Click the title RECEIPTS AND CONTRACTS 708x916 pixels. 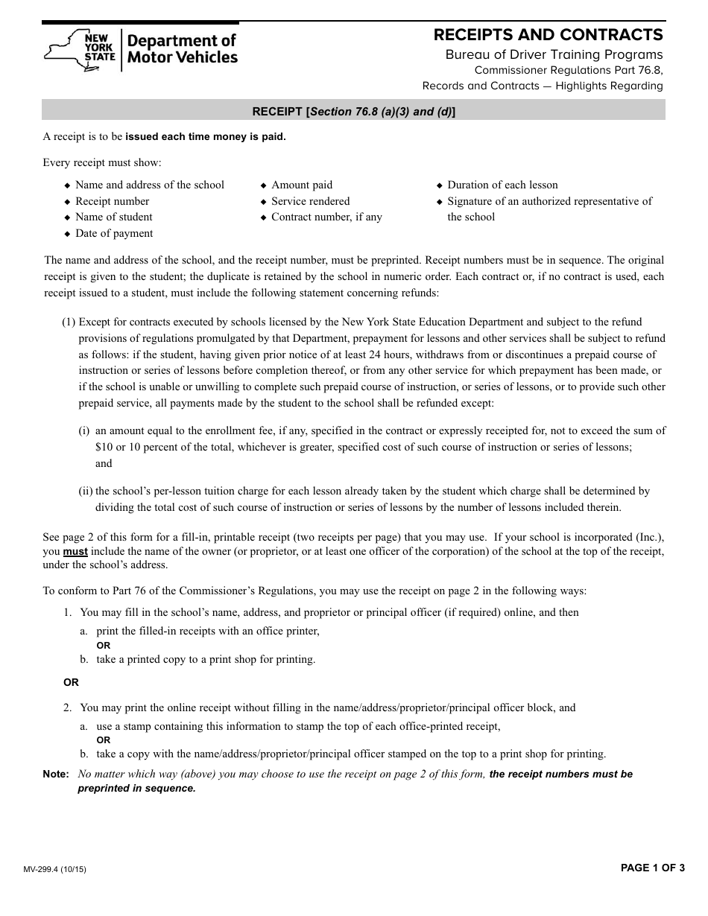coord(548,35)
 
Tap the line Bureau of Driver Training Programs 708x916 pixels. coord(554,54)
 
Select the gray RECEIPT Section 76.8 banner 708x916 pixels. coord(353,111)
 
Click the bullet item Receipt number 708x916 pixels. coord(112,201)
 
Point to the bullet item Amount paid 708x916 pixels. coord(302,185)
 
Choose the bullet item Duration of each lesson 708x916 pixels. coord(502,185)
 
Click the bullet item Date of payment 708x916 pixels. coord(114,233)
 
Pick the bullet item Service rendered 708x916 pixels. coord(310,201)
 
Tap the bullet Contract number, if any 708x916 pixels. coord(326,217)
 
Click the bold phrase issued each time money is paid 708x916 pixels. coord(205,137)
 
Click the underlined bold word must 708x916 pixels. coord(75,552)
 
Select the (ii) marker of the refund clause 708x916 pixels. coord(86,492)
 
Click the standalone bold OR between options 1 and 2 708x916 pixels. coord(71,682)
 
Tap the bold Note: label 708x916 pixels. coord(56,774)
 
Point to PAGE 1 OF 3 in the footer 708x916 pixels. coord(652,868)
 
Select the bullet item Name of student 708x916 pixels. coord(113,217)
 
